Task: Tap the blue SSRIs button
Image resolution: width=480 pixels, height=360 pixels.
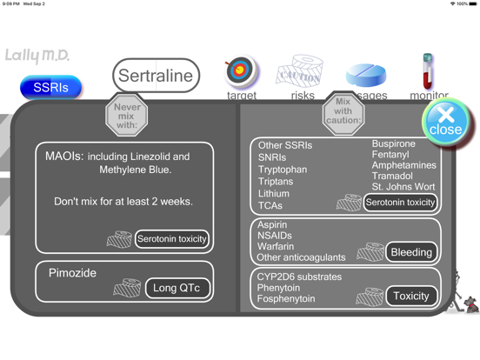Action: tap(50, 87)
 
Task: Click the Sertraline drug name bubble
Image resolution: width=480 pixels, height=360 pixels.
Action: tap(156, 76)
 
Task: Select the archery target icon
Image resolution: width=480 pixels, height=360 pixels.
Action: tap(241, 72)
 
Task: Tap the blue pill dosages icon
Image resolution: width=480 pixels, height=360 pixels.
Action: tap(366, 74)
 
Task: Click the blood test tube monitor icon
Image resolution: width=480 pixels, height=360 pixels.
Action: tap(428, 70)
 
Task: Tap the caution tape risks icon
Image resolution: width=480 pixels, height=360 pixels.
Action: tap(301, 73)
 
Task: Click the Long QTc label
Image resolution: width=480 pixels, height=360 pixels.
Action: tap(177, 288)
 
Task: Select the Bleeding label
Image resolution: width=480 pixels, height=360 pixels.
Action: tap(411, 252)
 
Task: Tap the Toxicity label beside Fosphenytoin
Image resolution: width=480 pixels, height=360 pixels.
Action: tap(411, 296)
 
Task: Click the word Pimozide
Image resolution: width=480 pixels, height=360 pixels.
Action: tap(72, 273)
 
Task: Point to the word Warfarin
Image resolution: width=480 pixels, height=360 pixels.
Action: tap(276, 246)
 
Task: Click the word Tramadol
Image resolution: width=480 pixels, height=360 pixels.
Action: tap(392, 176)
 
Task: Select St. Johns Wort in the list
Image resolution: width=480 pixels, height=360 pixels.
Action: tap(403, 187)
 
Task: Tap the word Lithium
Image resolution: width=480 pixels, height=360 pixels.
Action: tap(274, 194)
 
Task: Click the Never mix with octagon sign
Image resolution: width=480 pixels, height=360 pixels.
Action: tap(127, 115)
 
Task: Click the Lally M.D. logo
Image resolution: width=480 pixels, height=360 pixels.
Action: tap(37, 56)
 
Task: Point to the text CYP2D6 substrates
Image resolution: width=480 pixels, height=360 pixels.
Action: tap(299, 277)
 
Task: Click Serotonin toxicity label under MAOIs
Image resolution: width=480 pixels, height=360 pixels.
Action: tap(172, 238)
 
